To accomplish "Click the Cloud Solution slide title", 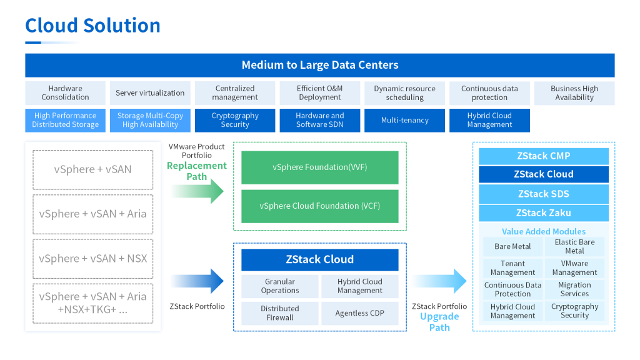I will pos(92,25).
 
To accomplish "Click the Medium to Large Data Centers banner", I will pos(319,65).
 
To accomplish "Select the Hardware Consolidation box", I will pos(65,92).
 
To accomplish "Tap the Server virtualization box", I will pos(150,92).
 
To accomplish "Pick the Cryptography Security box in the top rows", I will pos(234,120).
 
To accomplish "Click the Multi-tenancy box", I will pos(404,120).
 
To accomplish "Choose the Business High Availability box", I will pos(574,92).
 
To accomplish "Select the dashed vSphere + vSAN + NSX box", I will pos(92,258).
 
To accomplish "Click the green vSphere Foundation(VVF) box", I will pos(319,167).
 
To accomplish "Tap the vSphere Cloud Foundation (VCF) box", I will pos(319,206).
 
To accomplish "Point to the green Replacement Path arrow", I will pos(206,190).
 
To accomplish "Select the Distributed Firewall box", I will pos(279,313).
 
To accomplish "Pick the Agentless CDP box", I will pos(359,313).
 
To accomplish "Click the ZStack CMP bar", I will pos(543,156).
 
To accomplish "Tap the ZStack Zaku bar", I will pos(543,212).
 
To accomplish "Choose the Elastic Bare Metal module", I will pos(574,246).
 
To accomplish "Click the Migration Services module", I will pos(574,289).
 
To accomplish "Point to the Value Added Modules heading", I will pos(543,231).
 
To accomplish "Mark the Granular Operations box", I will pos(279,286).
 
